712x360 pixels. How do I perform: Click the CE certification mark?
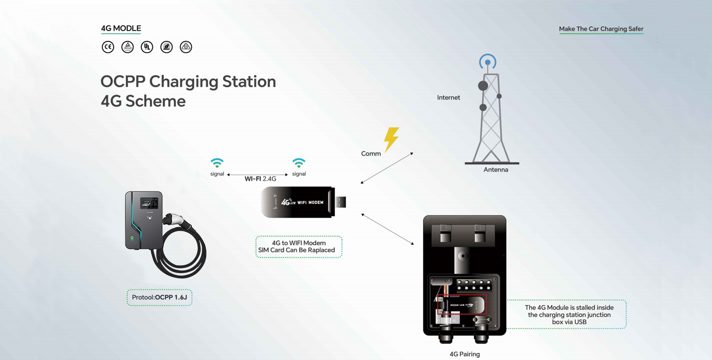(108, 47)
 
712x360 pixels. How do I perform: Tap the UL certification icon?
(147, 47)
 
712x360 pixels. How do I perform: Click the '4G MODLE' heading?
(121, 28)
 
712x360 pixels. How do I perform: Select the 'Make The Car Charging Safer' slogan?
(601, 29)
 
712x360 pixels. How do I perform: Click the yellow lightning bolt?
(391, 139)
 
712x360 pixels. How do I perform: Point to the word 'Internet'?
(448, 97)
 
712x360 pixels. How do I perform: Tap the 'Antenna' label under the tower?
(495, 170)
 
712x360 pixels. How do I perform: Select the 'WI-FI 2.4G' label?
(260, 179)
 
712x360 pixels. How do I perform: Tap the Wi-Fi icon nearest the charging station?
(217, 163)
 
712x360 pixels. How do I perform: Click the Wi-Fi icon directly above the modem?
(299, 163)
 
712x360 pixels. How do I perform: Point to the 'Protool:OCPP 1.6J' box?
(159, 297)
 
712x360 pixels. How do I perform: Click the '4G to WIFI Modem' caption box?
(298, 247)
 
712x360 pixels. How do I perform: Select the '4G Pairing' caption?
(464, 354)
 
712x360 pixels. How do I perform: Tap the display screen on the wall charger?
(149, 203)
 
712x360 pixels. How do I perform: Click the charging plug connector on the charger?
(173, 219)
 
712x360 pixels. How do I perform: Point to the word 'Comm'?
(371, 154)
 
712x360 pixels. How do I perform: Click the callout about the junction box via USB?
(569, 315)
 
